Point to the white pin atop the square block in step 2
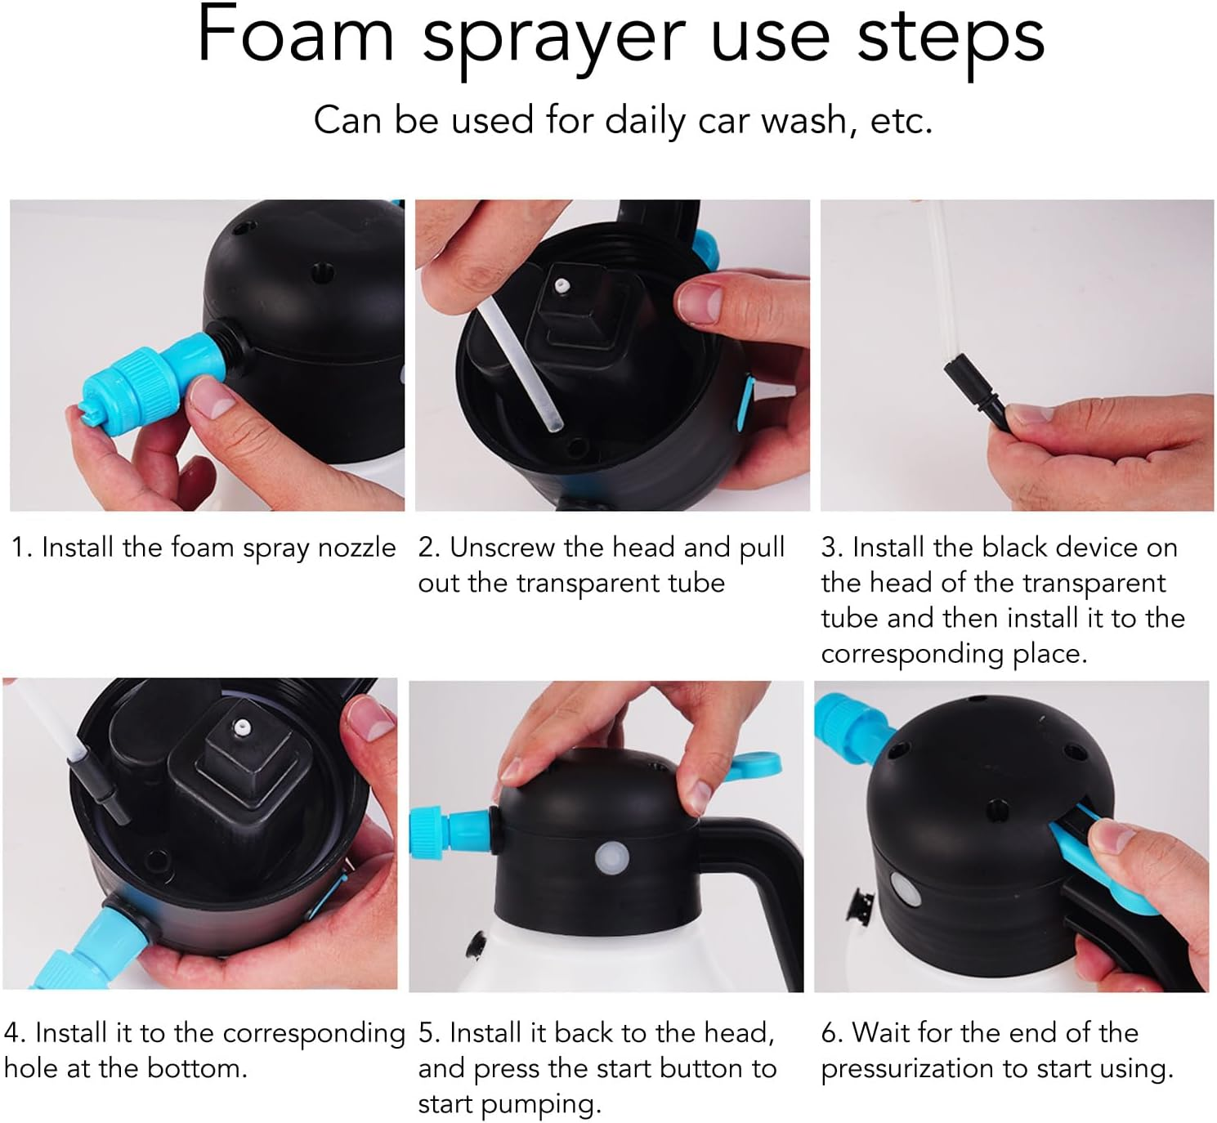[x=562, y=286]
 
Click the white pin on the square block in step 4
[x=241, y=724]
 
